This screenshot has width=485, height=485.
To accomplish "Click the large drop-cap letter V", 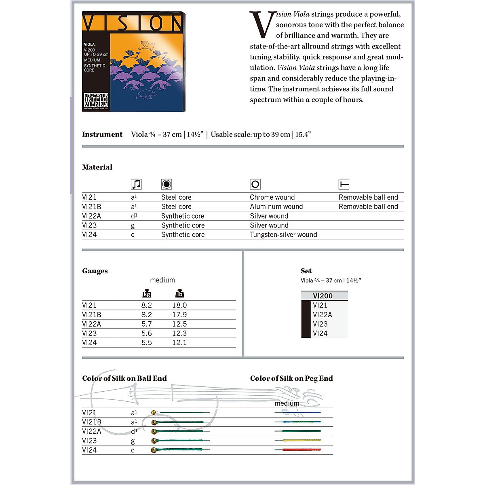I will pyautogui.click(x=262, y=25).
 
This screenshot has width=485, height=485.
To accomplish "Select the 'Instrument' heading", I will pyautogui.click(x=102, y=135).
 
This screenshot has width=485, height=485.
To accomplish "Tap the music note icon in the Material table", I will pyautogui.click(x=136, y=184).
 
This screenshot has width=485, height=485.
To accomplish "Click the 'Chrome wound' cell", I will pyautogui.click(x=272, y=197).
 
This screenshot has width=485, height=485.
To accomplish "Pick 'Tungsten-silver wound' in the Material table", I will pyautogui.click(x=283, y=234).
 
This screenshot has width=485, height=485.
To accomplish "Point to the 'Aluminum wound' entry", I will pyautogui.click(x=276, y=207).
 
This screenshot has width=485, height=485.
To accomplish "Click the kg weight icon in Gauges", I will pyautogui.click(x=147, y=294).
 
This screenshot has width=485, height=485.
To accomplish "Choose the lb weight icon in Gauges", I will pyautogui.click(x=179, y=294).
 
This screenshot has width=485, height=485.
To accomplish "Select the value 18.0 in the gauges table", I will pyautogui.click(x=179, y=305).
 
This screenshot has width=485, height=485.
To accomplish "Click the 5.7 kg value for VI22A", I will pyautogui.click(x=147, y=324).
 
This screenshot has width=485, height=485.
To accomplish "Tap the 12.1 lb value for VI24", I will pyautogui.click(x=179, y=342).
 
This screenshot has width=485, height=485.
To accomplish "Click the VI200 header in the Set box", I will pyautogui.click(x=323, y=296).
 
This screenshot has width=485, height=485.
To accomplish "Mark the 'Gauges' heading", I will pyautogui.click(x=95, y=271).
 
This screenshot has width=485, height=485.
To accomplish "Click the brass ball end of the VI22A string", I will pyautogui.click(x=154, y=432).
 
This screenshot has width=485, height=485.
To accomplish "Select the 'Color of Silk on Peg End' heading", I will pyautogui.click(x=291, y=378).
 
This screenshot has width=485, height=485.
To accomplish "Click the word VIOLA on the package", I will pyautogui.click(x=89, y=44).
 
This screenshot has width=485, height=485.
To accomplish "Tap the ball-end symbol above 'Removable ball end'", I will pyautogui.click(x=344, y=184).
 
